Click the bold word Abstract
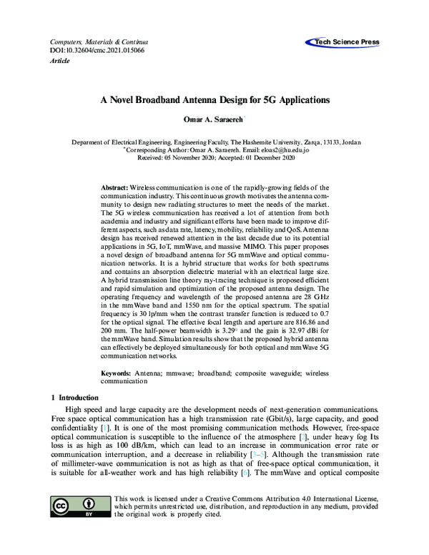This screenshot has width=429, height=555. [114, 185]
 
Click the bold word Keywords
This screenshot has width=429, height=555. [115, 373]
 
